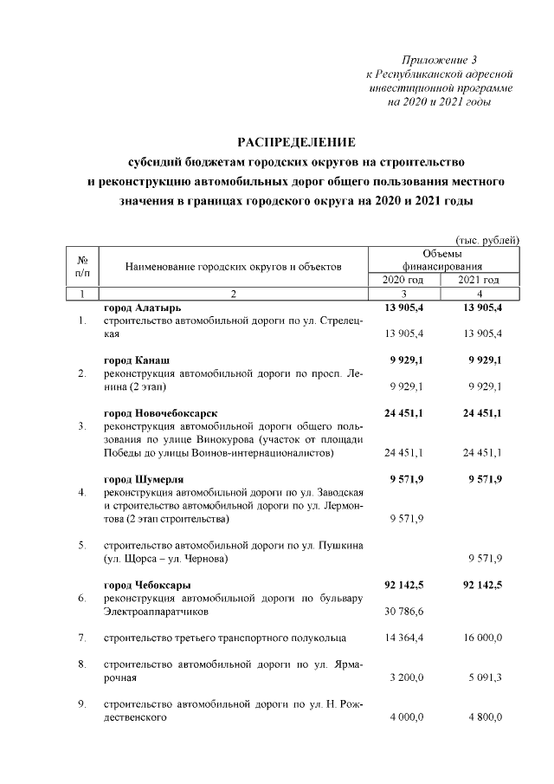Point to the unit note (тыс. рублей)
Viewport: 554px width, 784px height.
click(487, 239)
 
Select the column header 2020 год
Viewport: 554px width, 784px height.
click(404, 280)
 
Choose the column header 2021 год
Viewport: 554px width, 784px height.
click(480, 280)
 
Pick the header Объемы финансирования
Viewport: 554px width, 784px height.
click(441, 259)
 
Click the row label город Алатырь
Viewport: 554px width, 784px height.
click(143, 308)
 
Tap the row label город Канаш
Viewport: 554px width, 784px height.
click(136, 359)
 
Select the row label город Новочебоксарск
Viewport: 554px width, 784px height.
click(160, 411)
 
